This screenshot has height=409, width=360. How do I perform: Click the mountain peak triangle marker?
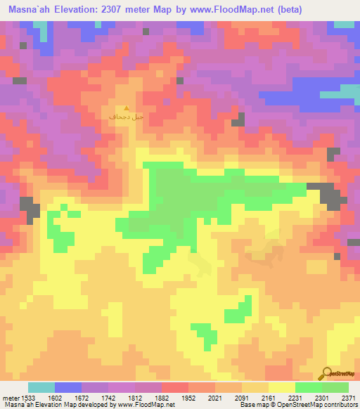[x=126, y=107]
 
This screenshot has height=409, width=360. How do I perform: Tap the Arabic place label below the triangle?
[x=120, y=116]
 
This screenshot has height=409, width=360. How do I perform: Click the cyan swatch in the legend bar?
[x=41, y=387]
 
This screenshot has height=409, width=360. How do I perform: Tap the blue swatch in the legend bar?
[x=68, y=387]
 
